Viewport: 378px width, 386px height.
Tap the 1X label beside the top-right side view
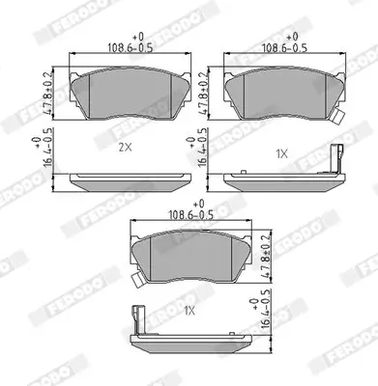coord(281,153)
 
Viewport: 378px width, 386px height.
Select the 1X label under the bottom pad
coord(189,311)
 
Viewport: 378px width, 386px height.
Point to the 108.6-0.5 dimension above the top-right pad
coord(275,45)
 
